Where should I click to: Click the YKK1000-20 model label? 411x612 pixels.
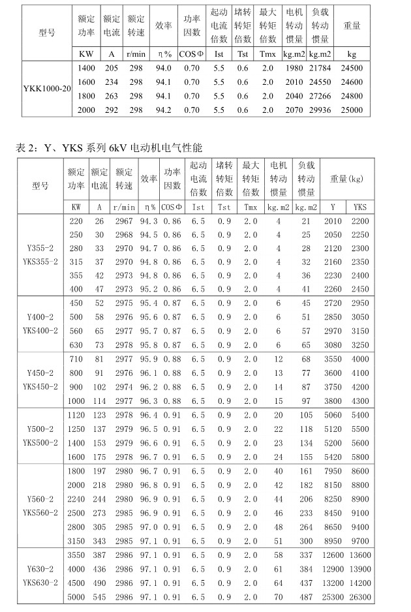(x=46, y=88)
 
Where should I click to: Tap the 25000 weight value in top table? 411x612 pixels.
(x=352, y=110)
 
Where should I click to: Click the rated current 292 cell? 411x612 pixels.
(x=112, y=110)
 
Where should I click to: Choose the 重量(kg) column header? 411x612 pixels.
(x=346, y=178)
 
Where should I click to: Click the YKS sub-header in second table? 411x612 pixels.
(x=360, y=207)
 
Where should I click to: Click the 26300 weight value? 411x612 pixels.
(x=360, y=597)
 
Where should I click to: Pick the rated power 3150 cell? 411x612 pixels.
(x=77, y=541)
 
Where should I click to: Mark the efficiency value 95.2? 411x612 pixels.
(x=149, y=289)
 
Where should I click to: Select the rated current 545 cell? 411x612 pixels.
(x=99, y=597)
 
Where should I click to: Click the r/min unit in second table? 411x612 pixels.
(x=124, y=207)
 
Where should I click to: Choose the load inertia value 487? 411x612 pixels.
(x=305, y=597)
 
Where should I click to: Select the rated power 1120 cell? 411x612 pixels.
(x=77, y=415)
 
